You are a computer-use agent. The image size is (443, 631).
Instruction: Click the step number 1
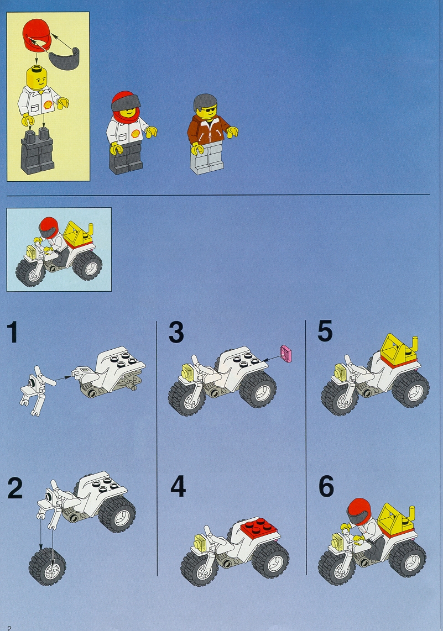(13, 333)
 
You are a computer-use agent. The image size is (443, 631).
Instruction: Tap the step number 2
(15, 488)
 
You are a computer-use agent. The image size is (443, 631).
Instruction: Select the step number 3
(176, 333)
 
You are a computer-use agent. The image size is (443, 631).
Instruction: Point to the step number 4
(178, 486)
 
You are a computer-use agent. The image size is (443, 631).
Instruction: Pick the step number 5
(325, 331)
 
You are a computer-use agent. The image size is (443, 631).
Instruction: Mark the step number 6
(326, 486)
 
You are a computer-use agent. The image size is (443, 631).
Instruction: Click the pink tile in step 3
(286, 353)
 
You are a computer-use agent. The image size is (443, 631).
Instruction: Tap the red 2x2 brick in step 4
(259, 527)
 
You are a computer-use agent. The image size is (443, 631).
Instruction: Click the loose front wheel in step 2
(47, 566)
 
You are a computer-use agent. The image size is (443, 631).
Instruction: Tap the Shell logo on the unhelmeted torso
(49, 104)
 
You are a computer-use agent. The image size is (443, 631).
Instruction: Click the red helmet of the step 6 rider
(359, 511)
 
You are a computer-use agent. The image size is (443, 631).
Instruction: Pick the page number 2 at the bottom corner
(9, 628)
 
